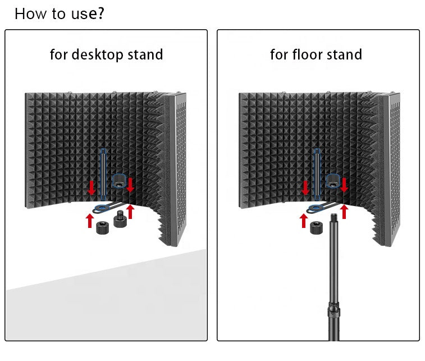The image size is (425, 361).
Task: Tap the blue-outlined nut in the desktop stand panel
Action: click(119, 181)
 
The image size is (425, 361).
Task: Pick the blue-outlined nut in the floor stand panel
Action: click(333, 181)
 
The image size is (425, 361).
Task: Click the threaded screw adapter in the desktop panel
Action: click(121, 219)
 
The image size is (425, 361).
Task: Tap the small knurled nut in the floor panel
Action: click(316, 227)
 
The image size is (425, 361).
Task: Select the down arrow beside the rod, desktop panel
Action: click(92, 187)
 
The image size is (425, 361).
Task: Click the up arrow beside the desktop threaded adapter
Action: click(131, 211)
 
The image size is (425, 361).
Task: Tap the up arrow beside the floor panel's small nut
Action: click(304, 220)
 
